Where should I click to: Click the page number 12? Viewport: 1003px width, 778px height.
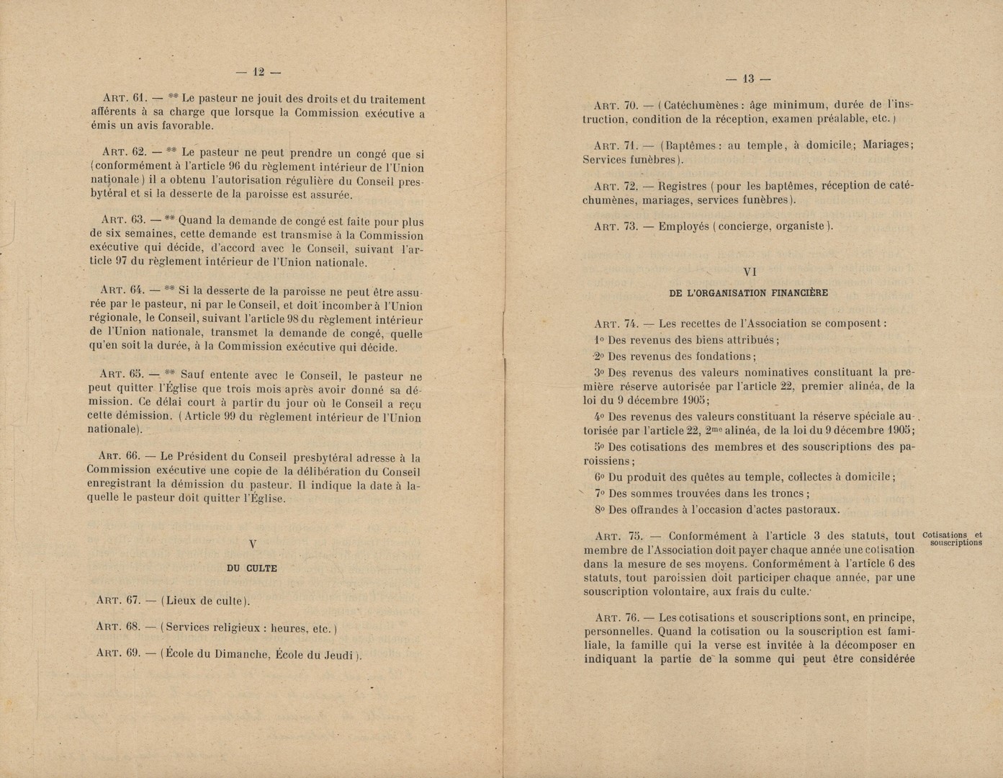click(258, 71)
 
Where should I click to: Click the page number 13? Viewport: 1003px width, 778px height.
click(749, 79)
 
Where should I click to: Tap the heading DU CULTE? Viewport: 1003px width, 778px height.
click(251, 568)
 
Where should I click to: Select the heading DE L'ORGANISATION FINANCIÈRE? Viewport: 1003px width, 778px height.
click(748, 293)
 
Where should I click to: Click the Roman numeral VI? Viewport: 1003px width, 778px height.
click(749, 272)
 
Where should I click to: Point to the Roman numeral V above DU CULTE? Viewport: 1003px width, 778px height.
click(252, 545)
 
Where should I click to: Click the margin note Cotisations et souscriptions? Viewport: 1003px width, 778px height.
click(952, 539)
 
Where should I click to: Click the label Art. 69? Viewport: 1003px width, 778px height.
click(117, 654)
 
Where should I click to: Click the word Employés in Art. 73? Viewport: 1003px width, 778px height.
click(683, 226)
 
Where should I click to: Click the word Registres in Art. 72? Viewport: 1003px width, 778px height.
click(683, 186)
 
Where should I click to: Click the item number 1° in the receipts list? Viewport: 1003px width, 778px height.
click(599, 340)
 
